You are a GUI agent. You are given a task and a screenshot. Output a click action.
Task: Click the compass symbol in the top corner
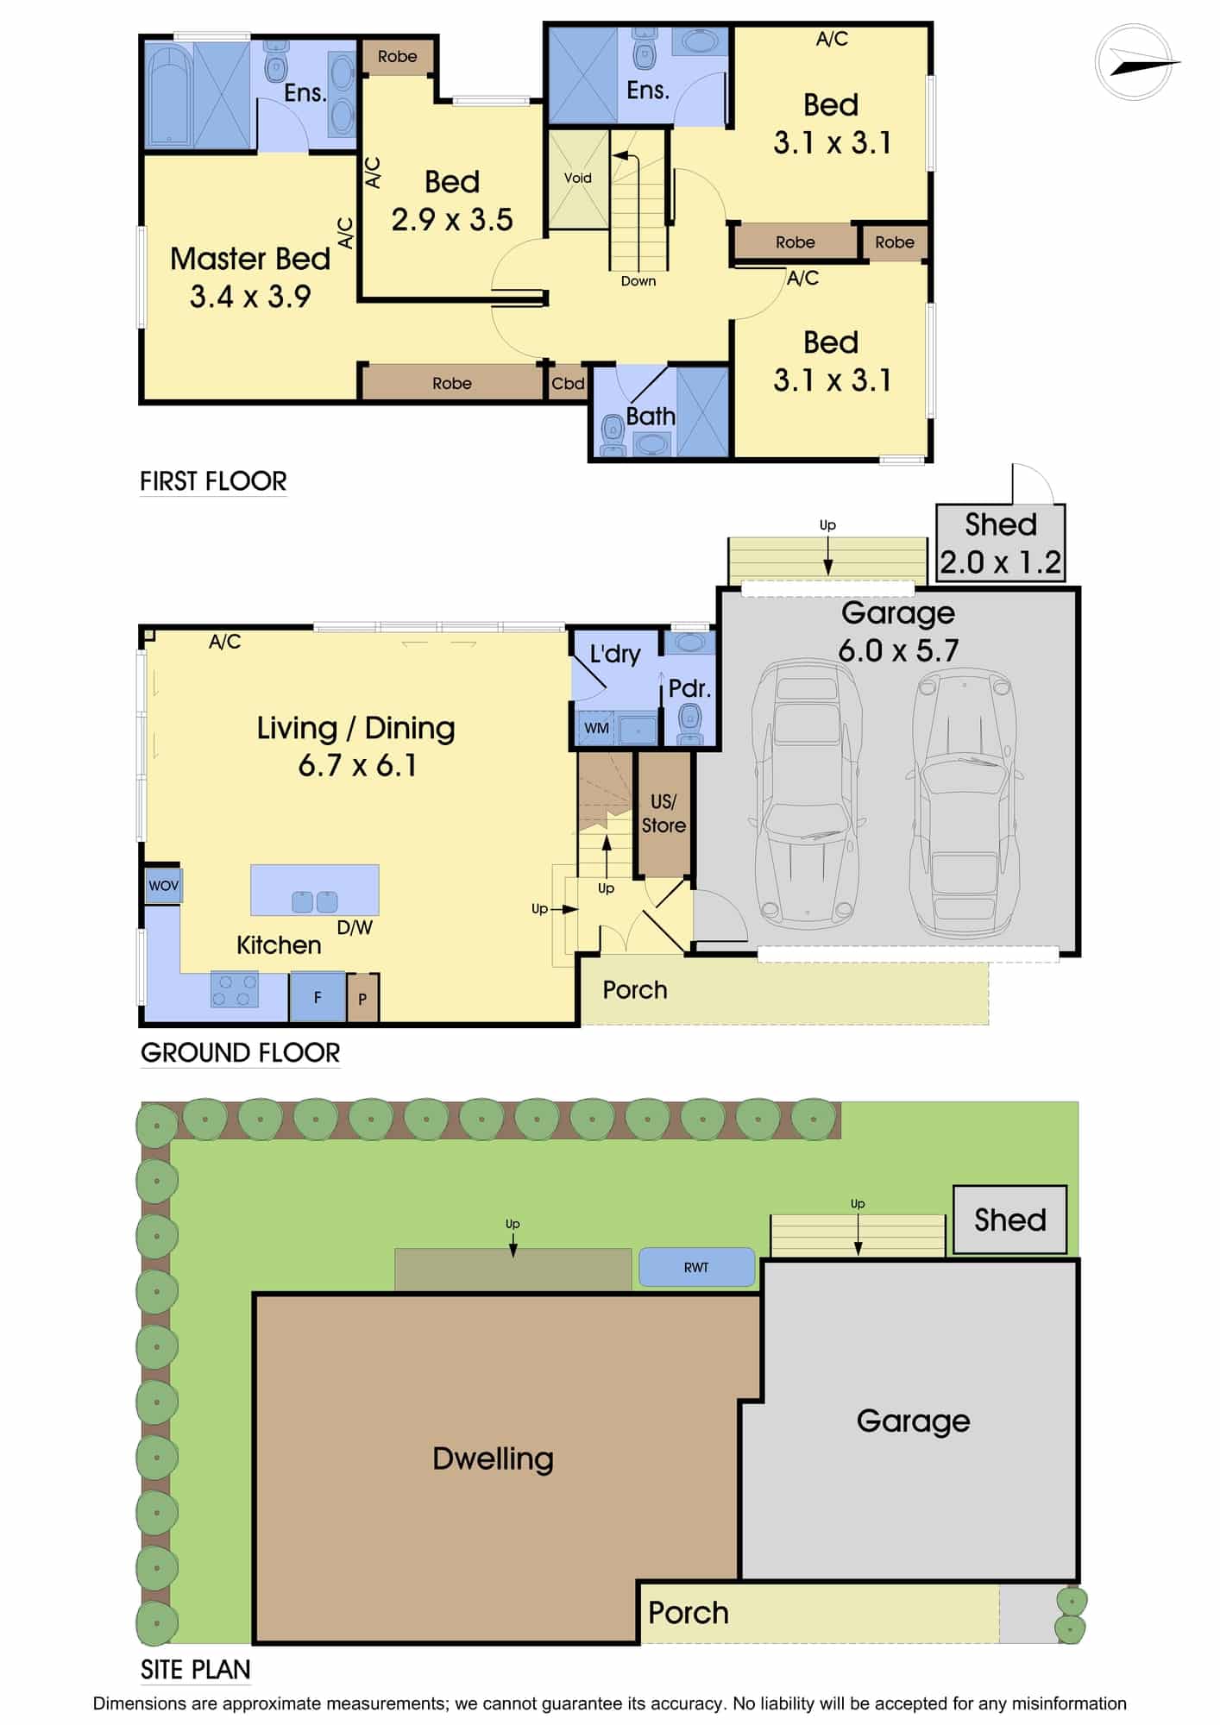pyautogui.click(x=1137, y=62)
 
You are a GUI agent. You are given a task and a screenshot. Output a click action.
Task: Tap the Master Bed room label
pyautogui.click(x=250, y=259)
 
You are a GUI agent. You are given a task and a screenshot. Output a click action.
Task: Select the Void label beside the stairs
pyautogui.click(x=577, y=178)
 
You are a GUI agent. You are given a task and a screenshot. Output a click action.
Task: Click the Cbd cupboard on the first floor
pyautogui.click(x=568, y=384)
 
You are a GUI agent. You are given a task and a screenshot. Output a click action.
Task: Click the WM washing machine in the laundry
pyautogui.click(x=596, y=728)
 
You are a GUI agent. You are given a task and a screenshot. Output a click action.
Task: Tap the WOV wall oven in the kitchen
pyautogui.click(x=163, y=886)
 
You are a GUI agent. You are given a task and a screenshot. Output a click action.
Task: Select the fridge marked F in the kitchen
pyautogui.click(x=318, y=997)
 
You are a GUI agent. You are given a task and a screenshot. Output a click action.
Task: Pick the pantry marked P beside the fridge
pyautogui.click(x=362, y=998)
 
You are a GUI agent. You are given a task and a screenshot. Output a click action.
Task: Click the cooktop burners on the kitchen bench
pyautogui.click(x=235, y=989)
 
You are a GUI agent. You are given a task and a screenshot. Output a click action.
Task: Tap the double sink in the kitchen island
pyautogui.click(x=315, y=902)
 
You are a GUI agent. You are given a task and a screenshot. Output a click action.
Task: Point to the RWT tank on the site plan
pyautogui.click(x=696, y=1267)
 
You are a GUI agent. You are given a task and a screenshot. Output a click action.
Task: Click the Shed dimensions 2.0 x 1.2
pyautogui.click(x=1000, y=562)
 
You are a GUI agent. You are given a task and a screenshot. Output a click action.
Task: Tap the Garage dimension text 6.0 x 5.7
pyautogui.click(x=898, y=650)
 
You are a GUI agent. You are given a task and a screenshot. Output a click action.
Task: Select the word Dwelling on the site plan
pyautogui.click(x=493, y=1458)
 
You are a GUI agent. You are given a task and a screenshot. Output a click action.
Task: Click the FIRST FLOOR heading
pyautogui.click(x=213, y=481)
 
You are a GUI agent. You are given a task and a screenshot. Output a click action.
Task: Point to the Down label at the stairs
pyautogui.click(x=638, y=281)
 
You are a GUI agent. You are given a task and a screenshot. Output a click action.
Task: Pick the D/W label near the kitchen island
pyautogui.click(x=355, y=928)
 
